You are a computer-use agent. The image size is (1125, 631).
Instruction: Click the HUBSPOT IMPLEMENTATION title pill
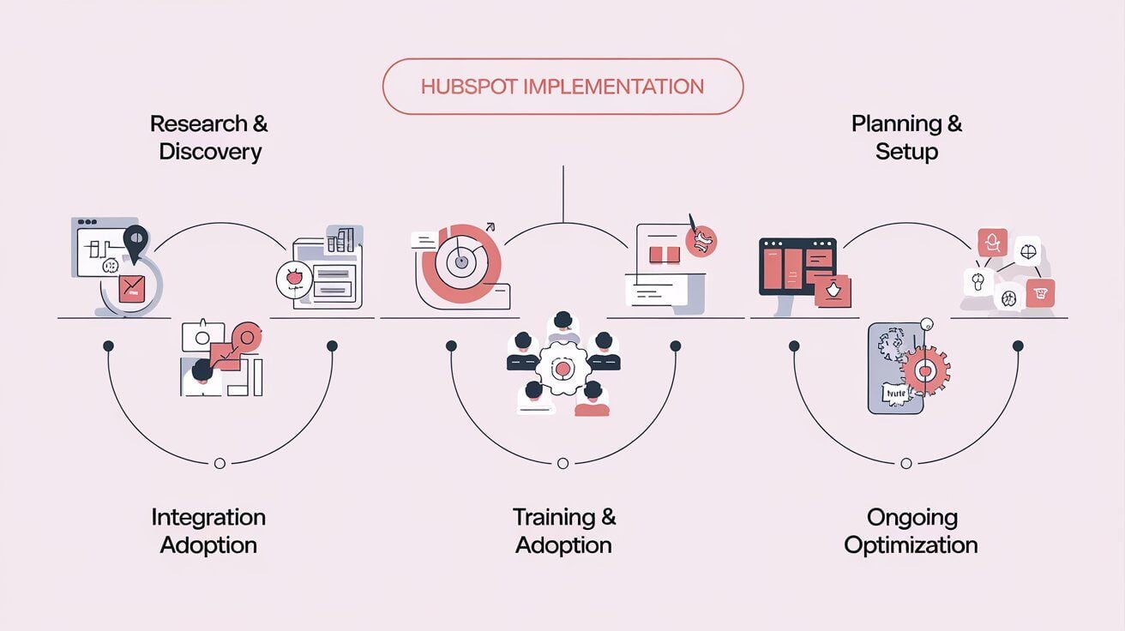562,87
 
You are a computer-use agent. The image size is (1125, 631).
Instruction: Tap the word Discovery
210,153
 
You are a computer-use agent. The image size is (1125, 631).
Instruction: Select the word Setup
906,153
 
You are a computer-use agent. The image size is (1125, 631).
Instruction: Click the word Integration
208,518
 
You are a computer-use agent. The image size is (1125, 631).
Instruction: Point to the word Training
552,518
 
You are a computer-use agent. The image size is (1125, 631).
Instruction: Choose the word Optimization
911,545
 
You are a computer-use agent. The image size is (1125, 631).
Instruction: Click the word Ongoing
911,518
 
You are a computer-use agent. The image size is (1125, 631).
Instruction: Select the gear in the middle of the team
562,369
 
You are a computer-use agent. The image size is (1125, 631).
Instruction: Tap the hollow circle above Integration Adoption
220,463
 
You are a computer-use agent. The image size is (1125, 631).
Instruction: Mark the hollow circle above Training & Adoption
562,463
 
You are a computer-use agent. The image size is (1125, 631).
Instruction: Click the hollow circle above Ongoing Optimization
906,463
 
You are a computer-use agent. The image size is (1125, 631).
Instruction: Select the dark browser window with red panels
797,266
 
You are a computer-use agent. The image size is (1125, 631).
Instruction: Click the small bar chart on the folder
341,240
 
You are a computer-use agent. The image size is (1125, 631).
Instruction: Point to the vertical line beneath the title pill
562,193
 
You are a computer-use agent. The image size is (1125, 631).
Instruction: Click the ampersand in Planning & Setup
953,124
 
